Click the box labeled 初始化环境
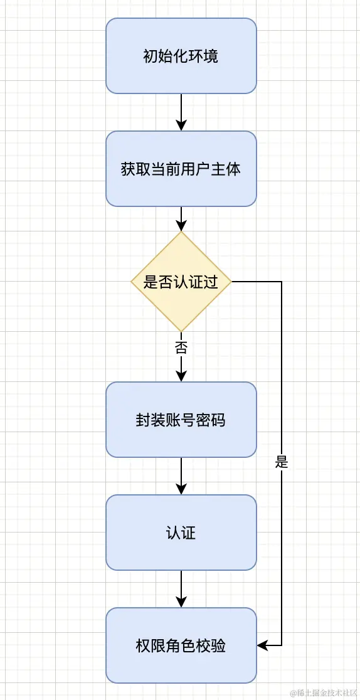pos(181,56)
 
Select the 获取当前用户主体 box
pos(181,169)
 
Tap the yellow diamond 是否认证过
pos(181,282)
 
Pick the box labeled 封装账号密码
pos(181,420)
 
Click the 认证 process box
pos(181,533)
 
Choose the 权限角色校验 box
pos(181,645)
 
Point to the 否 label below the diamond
pos(181,347)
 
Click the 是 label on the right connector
pos(281,464)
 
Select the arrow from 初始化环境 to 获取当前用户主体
pos(181,112)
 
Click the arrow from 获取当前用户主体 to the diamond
pos(181,219)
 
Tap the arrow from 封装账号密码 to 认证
pos(181,476)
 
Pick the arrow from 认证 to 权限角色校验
pos(181,589)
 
